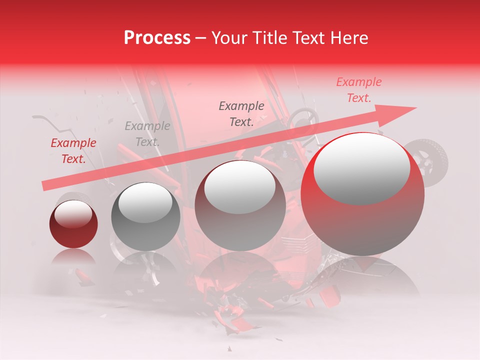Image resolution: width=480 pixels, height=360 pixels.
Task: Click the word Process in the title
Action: (157, 38)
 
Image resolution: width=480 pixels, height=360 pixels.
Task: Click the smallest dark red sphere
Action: (73, 224)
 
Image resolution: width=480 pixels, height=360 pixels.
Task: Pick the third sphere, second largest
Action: (240, 205)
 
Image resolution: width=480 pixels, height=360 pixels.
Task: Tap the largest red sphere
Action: (362, 194)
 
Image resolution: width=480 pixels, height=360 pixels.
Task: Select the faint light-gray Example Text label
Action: (147, 134)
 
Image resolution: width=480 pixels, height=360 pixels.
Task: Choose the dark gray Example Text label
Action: (241, 113)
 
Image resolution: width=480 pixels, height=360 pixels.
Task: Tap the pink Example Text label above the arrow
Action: (358, 90)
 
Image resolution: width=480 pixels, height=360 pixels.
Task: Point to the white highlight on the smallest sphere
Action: (73, 213)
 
